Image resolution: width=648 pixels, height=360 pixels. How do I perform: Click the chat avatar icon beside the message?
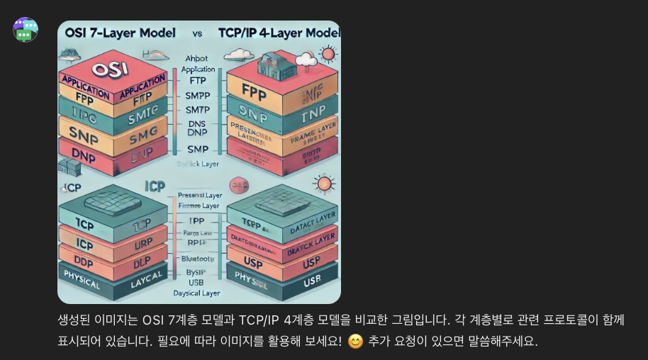(x=26, y=30)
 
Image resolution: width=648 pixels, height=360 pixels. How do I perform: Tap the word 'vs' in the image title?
(x=197, y=33)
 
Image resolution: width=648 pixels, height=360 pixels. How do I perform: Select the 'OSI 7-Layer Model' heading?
(x=121, y=33)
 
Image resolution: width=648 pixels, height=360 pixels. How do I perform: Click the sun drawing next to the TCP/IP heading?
(x=328, y=55)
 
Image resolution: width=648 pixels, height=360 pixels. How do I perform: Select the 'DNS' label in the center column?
(x=196, y=123)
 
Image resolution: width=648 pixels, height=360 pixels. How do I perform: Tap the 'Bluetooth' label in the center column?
(x=197, y=259)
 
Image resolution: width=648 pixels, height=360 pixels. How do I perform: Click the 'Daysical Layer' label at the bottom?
(x=197, y=293)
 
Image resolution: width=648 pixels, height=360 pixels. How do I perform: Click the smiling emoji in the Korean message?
(x=355, y=342)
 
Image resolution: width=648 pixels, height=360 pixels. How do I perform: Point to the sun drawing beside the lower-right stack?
(x=325, y=184)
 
